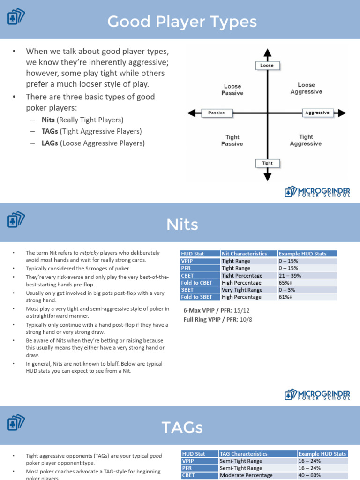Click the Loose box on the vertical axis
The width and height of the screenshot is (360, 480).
(267, 66)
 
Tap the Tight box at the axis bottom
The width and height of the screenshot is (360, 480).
(267, 163)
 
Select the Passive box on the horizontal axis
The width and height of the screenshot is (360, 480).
(217, 112)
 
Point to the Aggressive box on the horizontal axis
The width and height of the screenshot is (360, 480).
(317, 112)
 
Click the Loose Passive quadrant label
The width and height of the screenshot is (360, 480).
(232, 90)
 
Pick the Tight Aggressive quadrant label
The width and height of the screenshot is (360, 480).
(306, 140)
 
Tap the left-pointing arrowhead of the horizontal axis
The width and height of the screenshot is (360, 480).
(191, 113)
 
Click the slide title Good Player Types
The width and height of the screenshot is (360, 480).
(182, 22)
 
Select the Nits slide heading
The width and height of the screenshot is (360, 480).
(182, 225)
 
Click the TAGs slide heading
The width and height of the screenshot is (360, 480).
(182, 427)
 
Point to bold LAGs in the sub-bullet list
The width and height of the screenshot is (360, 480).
(50, 143)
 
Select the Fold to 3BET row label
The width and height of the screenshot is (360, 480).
(197, 297)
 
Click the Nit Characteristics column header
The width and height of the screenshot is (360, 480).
(244, 254)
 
